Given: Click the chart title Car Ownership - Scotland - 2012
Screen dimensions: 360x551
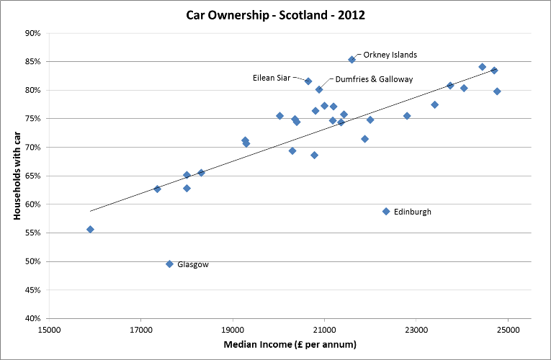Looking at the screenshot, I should tap(275, 13).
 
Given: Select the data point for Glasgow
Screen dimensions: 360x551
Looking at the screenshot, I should tap(169, 264).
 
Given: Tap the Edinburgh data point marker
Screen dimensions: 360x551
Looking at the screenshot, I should tap(386, 212).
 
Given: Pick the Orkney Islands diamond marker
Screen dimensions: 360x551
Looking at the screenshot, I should tap(351, 60).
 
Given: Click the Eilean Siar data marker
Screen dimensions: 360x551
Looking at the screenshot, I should tap(308, 81).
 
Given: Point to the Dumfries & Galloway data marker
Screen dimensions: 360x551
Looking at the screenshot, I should tap(319, 89).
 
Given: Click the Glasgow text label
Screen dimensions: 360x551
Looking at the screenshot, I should tap(192, 265).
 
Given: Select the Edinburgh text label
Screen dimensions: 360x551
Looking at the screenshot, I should tap(413, 212).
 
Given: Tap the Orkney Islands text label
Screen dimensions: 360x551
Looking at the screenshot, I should tap(390, 55).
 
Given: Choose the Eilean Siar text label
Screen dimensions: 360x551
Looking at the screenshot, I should tap(272, 78).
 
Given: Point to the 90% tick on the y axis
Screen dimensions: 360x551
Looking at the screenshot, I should tap(31, 33).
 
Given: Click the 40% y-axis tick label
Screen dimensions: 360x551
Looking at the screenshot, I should tap(31, 318).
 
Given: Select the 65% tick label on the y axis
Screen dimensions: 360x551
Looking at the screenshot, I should tap(31, 176).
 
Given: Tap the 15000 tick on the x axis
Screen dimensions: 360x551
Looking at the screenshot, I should tap(49, 330).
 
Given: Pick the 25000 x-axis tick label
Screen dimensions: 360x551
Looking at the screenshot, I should tap(508, 330).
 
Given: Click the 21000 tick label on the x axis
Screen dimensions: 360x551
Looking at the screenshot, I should tap(324, 330).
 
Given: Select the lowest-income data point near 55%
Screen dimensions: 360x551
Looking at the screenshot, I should tap(90, 230).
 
